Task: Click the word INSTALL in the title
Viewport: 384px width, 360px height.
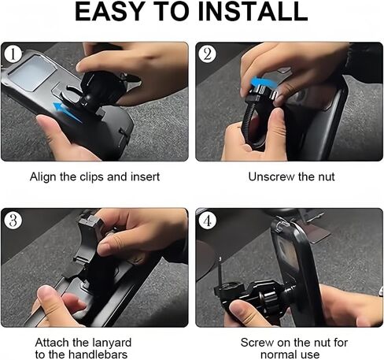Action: (x=253, y=12)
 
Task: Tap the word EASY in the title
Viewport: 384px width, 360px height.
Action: (x=109, y=12)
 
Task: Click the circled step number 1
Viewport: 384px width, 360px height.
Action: (x=13, y=54)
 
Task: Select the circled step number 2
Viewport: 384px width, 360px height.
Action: (x=207, y=54)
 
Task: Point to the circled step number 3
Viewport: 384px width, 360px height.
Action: (x=13, y=220)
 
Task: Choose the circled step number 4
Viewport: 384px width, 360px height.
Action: (x=207, y=220)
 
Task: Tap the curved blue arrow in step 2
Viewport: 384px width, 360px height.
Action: (x=264, y=81)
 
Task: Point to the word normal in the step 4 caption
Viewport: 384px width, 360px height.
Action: (x=279, y=354)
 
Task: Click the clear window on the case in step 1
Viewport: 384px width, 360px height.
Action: (x=33, y=72)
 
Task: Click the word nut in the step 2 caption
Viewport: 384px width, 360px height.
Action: (x=327, y=176)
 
